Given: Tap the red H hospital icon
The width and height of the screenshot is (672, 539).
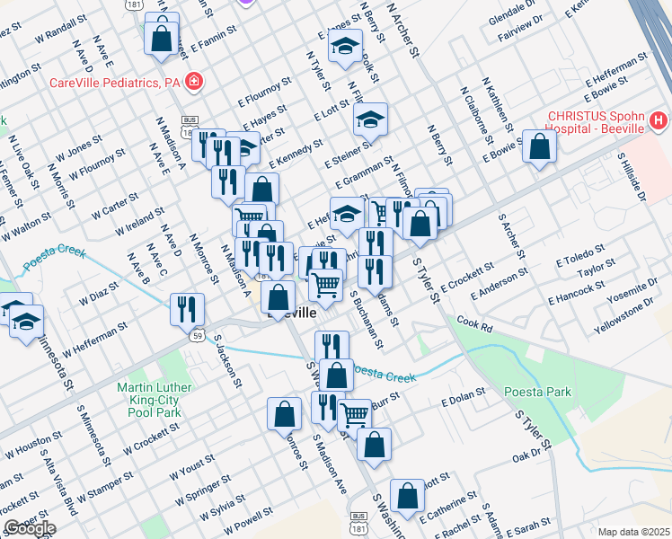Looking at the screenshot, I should [659, 119].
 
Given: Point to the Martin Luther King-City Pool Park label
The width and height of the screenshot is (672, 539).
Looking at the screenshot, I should [149, 400].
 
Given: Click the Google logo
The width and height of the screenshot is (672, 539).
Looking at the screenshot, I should [30, 528].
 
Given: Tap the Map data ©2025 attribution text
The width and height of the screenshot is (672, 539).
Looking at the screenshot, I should [633, 532].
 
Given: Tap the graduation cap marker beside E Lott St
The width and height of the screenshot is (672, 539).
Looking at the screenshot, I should [369, 119].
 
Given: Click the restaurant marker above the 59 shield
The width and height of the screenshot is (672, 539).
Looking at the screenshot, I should [186, 308].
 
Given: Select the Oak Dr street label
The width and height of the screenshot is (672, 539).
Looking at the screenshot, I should [525, 457].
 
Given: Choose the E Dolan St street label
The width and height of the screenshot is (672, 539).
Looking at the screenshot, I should [463, 396].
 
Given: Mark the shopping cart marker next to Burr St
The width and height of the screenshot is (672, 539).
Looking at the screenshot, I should [355, 413].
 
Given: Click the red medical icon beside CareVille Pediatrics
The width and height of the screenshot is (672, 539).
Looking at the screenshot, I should [193, 84].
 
